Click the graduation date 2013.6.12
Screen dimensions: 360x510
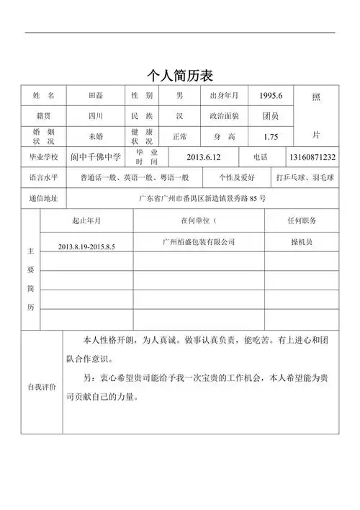[203, 157]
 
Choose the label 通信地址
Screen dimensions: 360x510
[43, 198]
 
